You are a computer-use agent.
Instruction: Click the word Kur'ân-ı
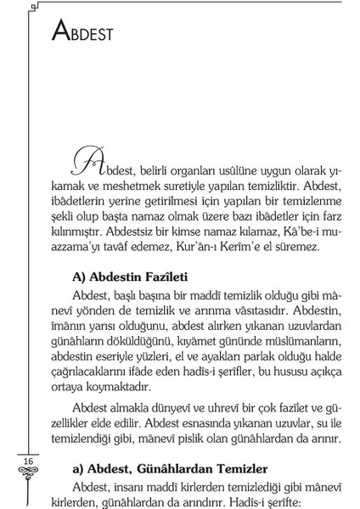pos(210,247)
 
